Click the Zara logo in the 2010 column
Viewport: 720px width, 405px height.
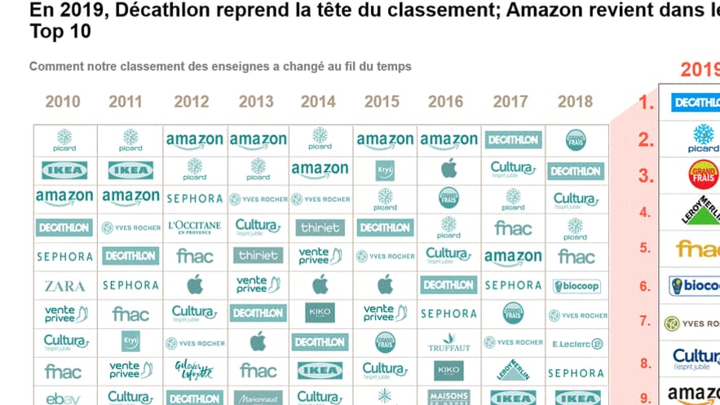coord(64,286)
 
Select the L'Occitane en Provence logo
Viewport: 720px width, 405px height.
coord(194,227)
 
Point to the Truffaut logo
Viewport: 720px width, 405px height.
coord(448,341)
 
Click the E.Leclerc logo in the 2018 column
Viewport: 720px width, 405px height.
coord(576,344)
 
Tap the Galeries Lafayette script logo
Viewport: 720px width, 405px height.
coord(194,371)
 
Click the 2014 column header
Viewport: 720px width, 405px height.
coord(318,102)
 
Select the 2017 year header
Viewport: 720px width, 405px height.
coord(510,102)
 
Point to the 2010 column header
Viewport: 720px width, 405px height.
coord(63,102)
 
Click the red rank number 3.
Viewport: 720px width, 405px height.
coord(647,176)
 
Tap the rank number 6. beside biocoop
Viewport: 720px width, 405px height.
coord(645,286)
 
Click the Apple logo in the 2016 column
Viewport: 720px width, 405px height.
coord(448,169)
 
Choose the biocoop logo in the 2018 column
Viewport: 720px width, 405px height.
coord(576,286)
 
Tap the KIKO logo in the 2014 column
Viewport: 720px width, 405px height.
coord(320,313)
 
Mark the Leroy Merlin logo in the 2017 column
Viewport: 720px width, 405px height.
coord(512,370)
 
